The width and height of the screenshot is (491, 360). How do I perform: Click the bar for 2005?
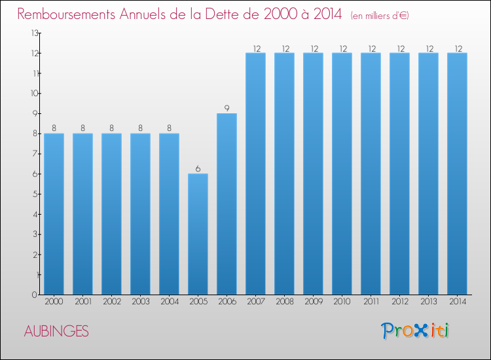198,234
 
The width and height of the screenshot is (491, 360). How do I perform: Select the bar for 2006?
227,204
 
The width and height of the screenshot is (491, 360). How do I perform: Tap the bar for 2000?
54,214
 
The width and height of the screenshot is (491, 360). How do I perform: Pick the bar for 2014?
457,173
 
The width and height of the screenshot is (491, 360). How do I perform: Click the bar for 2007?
255,173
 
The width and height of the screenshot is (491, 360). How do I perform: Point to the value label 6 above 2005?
198,169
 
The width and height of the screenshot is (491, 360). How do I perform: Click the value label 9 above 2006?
227,108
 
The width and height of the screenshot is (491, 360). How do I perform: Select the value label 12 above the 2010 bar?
343,48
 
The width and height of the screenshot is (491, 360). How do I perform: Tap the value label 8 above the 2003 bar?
140,128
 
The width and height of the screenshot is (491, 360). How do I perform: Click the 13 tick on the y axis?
35,33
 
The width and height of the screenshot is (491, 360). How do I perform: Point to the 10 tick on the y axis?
35,94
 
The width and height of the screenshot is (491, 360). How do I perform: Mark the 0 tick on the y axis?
35,295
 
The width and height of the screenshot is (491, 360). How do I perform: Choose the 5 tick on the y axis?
35,194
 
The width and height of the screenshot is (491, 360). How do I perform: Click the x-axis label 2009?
314,302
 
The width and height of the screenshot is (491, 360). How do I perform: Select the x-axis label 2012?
400,302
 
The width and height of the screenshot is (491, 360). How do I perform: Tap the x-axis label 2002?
112,302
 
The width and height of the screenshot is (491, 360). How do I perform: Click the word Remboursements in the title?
66,14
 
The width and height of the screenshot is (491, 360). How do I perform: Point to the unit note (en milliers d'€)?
380,16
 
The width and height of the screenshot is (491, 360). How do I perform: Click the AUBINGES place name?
56,331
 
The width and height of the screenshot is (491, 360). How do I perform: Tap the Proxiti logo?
415,331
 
